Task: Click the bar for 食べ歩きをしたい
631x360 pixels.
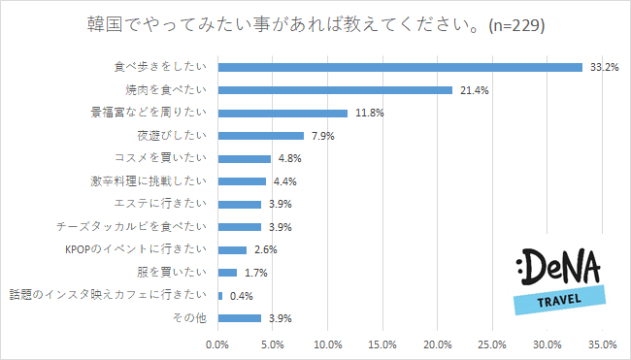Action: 400,67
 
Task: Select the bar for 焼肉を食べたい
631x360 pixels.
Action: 335,90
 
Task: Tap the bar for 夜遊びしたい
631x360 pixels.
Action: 261,136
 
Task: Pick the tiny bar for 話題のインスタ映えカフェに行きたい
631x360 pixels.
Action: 220,295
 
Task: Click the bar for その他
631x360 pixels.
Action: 240,317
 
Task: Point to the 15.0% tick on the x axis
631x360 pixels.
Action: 383,344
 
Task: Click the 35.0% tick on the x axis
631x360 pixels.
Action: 603,344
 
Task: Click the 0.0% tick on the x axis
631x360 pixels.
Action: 218,344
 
